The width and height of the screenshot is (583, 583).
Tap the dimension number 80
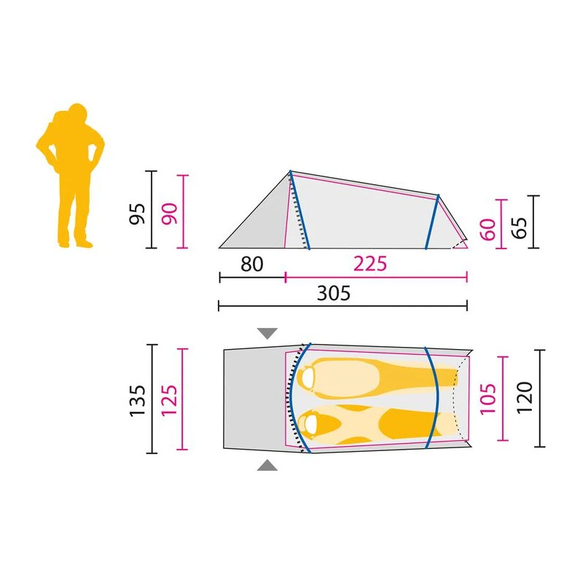[x=251, y=264]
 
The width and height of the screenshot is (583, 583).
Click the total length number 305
[x=334, y=294]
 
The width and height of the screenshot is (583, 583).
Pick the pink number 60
[x=488, y=230]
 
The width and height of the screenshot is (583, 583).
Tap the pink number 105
[x=488, y=398]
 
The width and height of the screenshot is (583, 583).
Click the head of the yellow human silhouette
[x=74, y=114]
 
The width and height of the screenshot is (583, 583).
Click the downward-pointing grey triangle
[x=267, y=334]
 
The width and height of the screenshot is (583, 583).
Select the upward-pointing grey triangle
[x=267, y=465]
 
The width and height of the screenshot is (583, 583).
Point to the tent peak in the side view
[x=290, y=171]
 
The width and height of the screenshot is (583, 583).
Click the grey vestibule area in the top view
[x=251, y=399]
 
